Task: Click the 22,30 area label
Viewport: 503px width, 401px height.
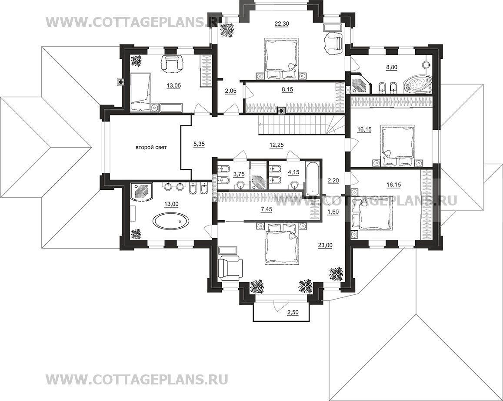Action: pos(281,23)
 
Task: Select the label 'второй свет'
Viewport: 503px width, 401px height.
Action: pos(151,148)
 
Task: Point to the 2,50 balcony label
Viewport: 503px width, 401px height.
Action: pos(293,313)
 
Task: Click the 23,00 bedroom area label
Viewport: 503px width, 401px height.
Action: pos(325,245)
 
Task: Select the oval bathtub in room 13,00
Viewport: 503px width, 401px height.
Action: pos(171,221)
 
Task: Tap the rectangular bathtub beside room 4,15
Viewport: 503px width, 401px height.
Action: pos(310,179)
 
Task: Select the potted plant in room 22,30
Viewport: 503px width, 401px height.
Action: pos(227,31)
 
